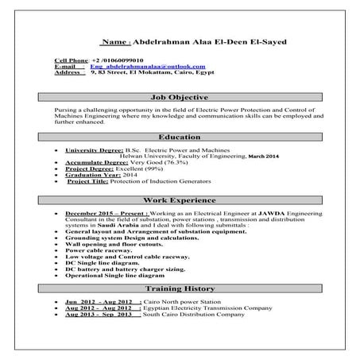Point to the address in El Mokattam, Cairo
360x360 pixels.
[x=141, y=72]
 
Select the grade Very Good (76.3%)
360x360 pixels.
[x=152, y=162]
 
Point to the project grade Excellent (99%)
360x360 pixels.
[x=142, y=168]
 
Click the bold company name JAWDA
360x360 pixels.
[x=243, y=214]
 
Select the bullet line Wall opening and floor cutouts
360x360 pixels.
[x=114, y=246]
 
